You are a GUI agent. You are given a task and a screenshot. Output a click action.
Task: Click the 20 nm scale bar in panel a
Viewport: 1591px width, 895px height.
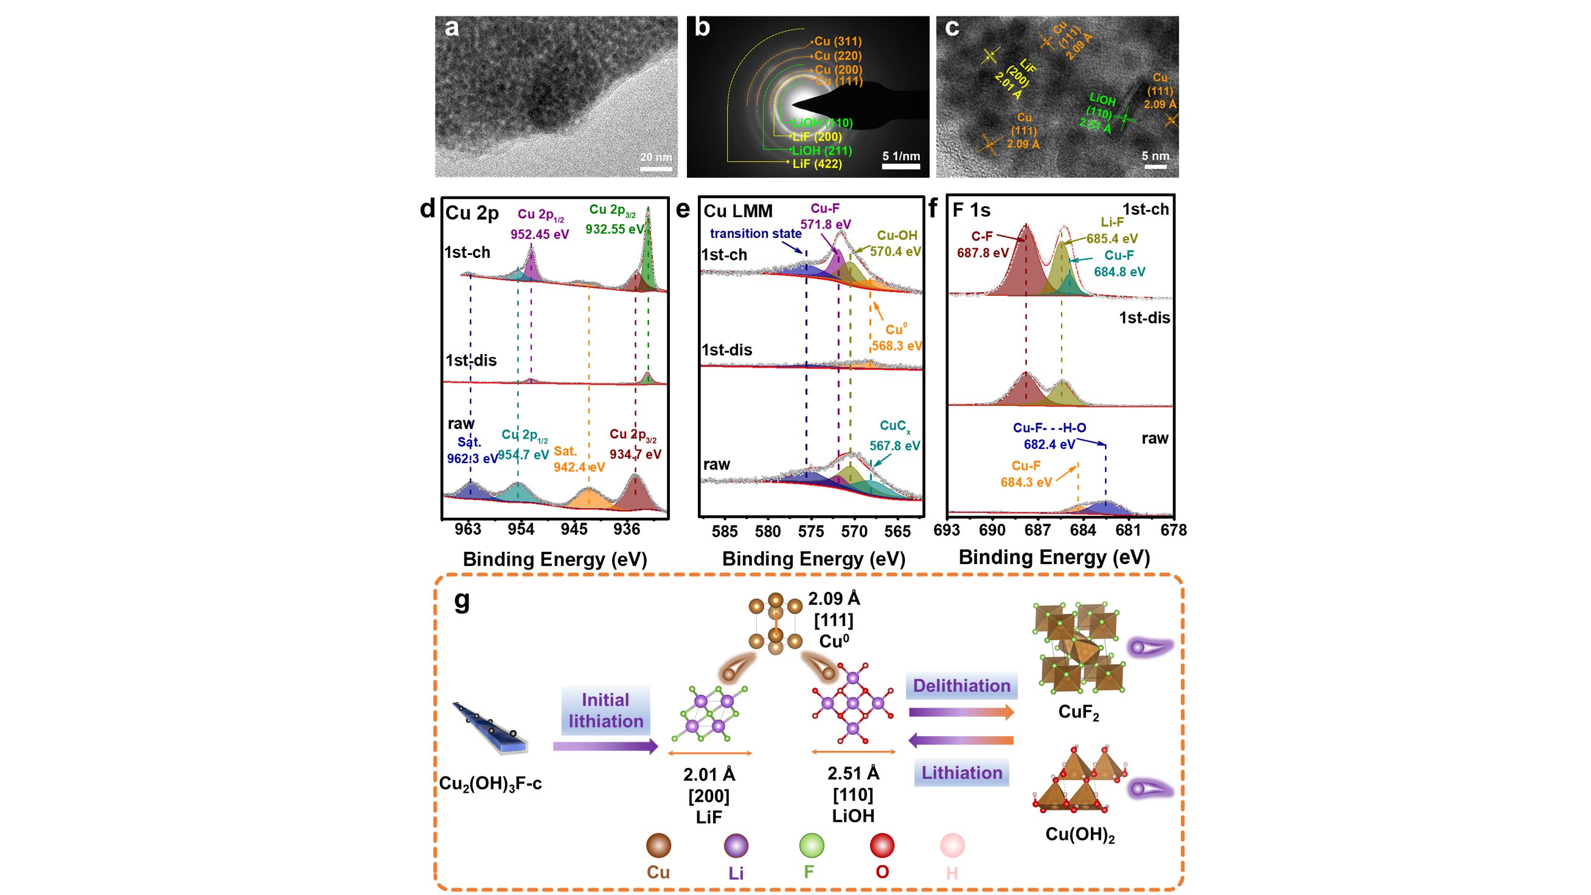[655, 167]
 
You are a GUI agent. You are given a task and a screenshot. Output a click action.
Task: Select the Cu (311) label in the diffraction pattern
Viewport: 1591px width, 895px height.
[838, 41]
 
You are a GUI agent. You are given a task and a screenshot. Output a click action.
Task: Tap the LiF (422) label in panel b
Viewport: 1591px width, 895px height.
[817, 164]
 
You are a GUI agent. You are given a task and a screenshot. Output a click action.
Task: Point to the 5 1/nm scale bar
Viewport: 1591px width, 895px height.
[901, 165]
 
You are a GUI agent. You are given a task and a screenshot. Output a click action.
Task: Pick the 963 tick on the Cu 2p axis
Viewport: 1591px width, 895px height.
[467, 529]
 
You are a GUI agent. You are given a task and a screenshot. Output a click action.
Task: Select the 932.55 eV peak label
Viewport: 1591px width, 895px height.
[614, 229]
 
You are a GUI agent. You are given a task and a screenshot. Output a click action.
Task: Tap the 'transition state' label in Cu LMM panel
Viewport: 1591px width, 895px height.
[756, 234]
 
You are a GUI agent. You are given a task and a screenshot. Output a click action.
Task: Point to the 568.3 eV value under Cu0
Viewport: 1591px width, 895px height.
[897, 346]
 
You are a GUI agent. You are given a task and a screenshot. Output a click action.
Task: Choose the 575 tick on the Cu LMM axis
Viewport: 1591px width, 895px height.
[810, 532]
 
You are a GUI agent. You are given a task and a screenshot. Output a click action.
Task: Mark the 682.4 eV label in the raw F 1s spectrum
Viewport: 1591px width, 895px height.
[1050, 445]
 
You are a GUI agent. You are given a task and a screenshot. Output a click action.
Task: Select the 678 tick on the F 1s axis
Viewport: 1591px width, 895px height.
[1173, 531]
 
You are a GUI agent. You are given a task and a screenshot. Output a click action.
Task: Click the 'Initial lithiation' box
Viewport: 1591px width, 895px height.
[606, 710]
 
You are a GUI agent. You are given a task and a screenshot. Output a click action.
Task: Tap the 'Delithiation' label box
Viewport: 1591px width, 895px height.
[962, 686]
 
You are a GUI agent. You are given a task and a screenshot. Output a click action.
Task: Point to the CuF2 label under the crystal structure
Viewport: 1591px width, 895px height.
[1078, 712]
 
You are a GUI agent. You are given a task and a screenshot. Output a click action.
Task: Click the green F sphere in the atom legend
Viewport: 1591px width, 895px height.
[812, 846]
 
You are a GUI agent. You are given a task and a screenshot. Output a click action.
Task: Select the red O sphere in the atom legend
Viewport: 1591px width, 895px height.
[882, 846]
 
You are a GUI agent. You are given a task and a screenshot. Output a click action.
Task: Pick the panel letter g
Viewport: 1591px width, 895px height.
[462, 600]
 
